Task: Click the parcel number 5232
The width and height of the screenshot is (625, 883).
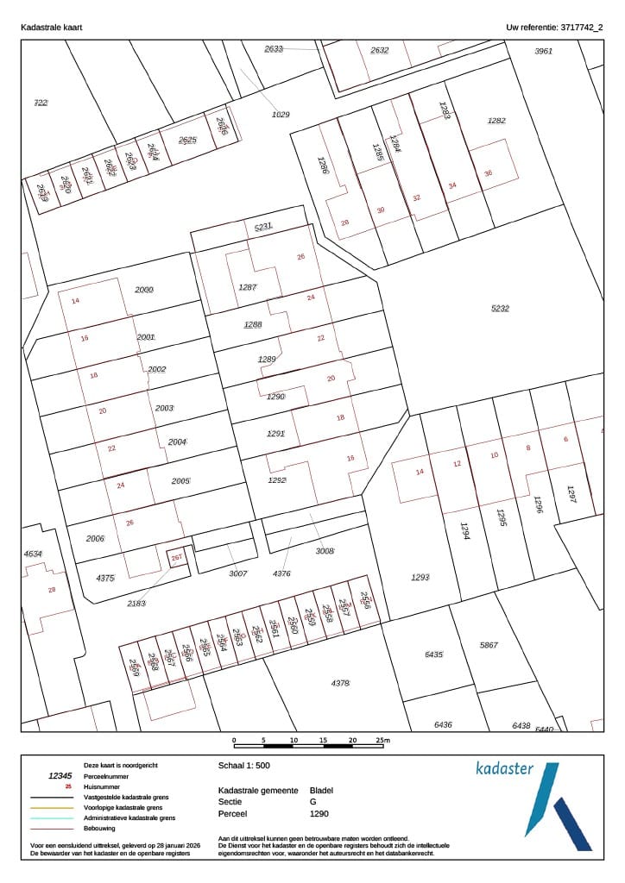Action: pos(500,308)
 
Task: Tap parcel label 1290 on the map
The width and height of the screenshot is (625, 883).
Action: pos(275,397)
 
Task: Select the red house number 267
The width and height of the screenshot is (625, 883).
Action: pos(176,559)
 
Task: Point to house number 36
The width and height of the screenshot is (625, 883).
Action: pos(488,173)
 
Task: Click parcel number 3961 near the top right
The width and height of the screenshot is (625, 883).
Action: pos(543,51)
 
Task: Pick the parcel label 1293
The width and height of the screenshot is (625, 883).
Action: pos(420,577)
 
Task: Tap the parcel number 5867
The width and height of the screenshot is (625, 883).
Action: pos(489,645)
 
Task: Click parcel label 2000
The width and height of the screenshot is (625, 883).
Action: pos(144,290)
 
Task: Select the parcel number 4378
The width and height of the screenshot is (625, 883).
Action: pos(340,683)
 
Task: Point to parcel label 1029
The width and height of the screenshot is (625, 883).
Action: pos(281,114)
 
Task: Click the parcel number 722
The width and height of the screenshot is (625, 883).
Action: pos(41,103)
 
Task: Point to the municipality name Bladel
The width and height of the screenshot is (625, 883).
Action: pos(320,790)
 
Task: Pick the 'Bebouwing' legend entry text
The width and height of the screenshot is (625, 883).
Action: pos(99,828)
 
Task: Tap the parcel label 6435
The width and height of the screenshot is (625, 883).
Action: pos(433,655)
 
